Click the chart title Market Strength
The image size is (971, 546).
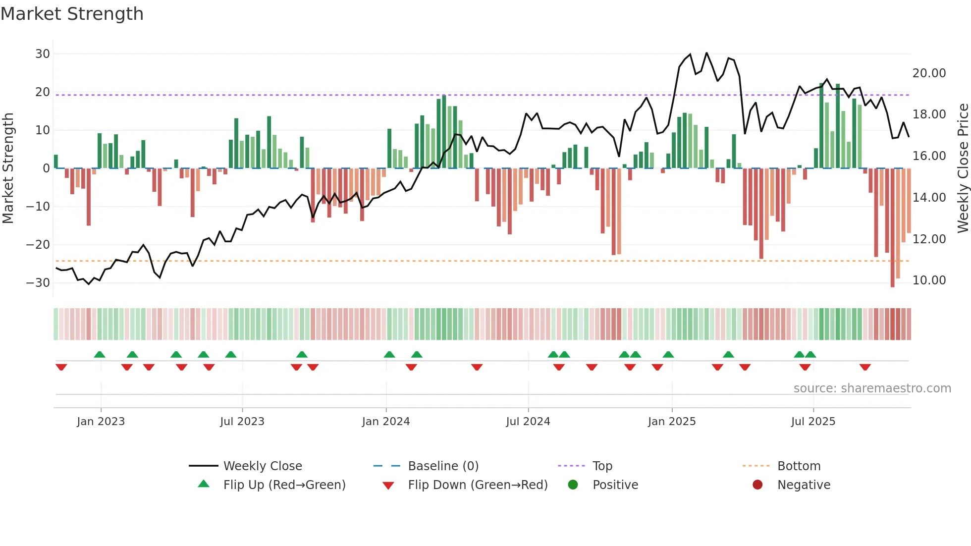(72, 14)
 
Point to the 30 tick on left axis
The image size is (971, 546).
(43, 54)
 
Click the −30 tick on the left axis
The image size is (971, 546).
(38, 282)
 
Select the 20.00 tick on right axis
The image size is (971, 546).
(929, 73)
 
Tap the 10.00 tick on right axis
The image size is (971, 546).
(929, 280)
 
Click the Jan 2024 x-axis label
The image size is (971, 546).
(385, 422)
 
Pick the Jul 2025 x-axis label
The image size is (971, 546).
(813, 422)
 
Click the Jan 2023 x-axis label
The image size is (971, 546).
(101, 422)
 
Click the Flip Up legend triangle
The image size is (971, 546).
(204, 484)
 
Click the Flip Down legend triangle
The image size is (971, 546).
(388, 486)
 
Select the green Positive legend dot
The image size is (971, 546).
(573, 485)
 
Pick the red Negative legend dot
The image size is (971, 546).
(757, 485)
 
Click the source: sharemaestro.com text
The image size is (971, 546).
(872, 388)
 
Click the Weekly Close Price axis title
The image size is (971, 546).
(963, 168)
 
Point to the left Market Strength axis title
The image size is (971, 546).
(8, 168)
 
